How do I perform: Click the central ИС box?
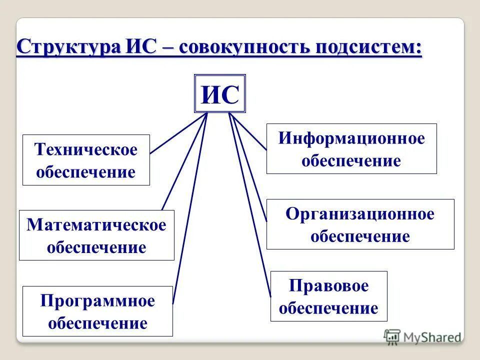pos(219,94)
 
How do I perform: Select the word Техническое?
pos(85,149)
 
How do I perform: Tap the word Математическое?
pos(96,224)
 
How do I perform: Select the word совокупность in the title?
pos(245,49)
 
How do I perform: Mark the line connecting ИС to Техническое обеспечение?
pos(177,133)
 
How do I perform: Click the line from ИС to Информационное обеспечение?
pos(249,131)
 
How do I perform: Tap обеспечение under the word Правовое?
pos(328,308)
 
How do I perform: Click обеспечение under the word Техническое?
pos(85,172)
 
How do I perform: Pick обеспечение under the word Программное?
pos(97,322)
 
